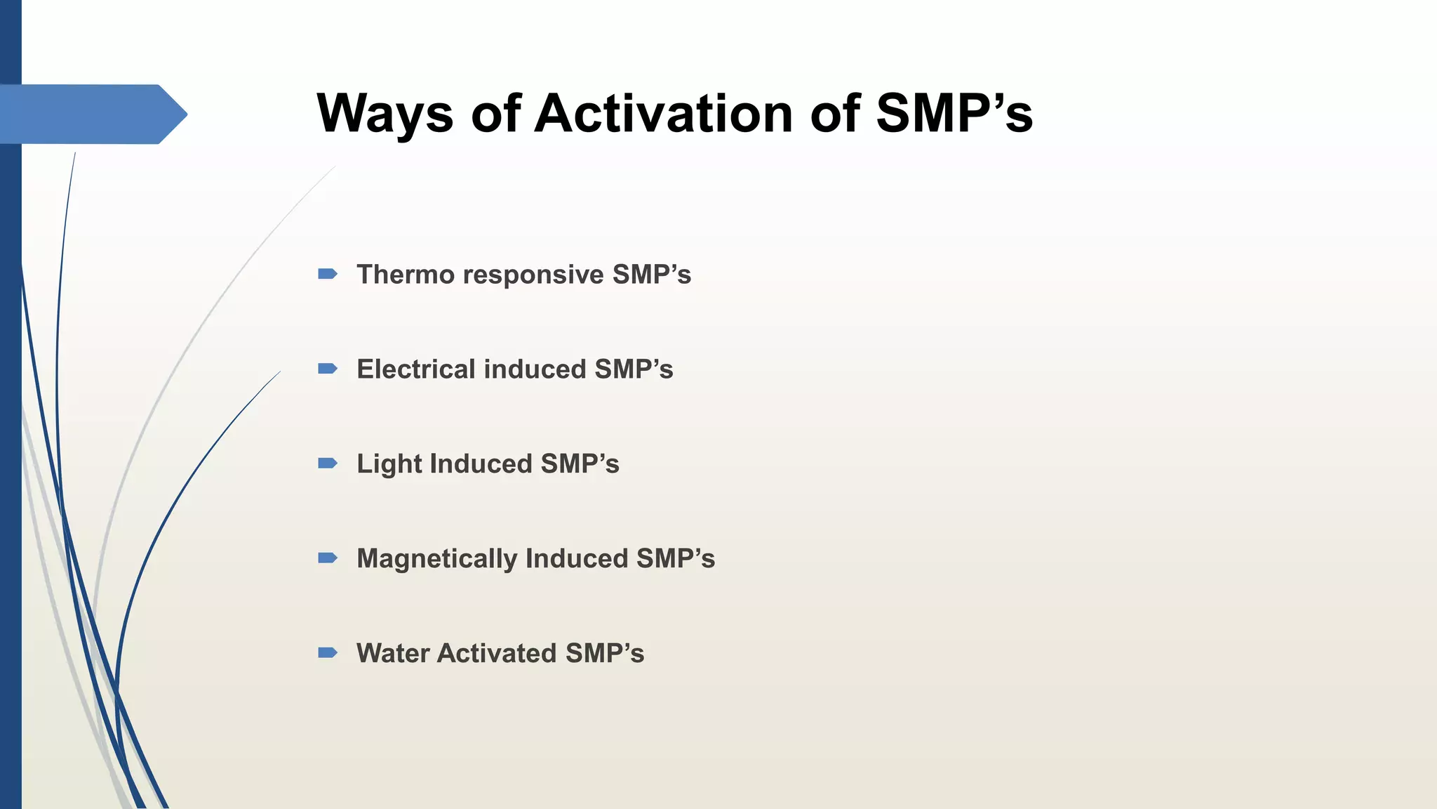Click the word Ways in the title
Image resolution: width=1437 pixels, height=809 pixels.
pyautogui.click(x=385, y=114)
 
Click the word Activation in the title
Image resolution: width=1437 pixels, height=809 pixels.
pyautogui.click(x=663, y=114)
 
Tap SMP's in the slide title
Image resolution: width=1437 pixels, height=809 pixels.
pyautogui.click(x=954, y=114)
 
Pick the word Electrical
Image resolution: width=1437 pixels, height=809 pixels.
pyautogui.click(x=415, y=369)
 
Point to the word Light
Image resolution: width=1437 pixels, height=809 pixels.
pyautogui.click(x=389, y=464)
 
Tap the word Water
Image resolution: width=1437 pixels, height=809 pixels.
pyautogui.click(x=392, y=654)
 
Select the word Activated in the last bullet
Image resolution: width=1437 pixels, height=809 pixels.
pyautogui.click(x=497, y=654)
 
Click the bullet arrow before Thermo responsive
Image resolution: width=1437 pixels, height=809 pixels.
pyautogui.click(x=328, y=274)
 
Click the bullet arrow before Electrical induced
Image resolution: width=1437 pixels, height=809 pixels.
pyautogui.click(x=328, y=369)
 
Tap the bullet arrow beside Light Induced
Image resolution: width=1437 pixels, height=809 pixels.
pyautogui.click(x=328, y=463)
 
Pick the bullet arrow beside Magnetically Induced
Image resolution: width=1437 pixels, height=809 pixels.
pyautogui.click(x=328, y=558)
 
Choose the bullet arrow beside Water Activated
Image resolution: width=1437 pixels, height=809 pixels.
pyautogui.click(x=328, y=653)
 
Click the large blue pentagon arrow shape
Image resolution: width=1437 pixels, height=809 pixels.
pyautogui.click(x=91, y=114)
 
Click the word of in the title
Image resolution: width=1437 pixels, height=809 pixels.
pyautogui.click(x=495, y=114)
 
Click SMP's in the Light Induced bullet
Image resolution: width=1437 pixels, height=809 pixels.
pyautogui.click(x=580, y=464)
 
